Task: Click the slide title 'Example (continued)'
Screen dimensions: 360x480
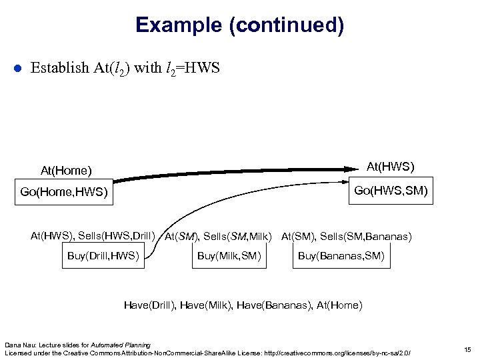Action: [x=239, y=25]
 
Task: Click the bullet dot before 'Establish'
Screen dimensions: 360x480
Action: [x=19, y=68]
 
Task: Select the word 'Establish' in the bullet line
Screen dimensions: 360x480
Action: [x=59, y=67]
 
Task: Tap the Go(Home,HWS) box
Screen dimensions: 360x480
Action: [x=63, y=193]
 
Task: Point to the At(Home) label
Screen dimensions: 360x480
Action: [x=66, y=171]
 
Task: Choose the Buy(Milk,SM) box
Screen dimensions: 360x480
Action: [x=229, y=256]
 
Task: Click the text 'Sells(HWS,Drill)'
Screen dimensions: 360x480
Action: [x=116, y=235]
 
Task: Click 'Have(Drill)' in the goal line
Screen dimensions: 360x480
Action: [x=149, y=305]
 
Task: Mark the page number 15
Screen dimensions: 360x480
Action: [x=466, y=349]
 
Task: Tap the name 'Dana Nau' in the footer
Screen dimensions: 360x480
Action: [x=18, y=344]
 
